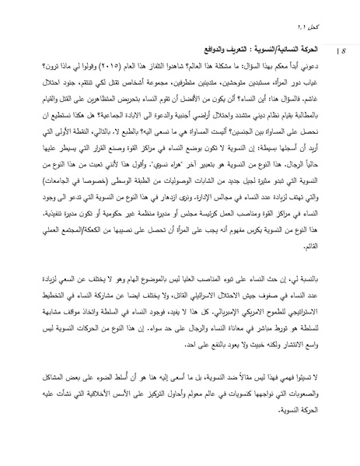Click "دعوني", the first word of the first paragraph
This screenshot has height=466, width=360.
(313, 68)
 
